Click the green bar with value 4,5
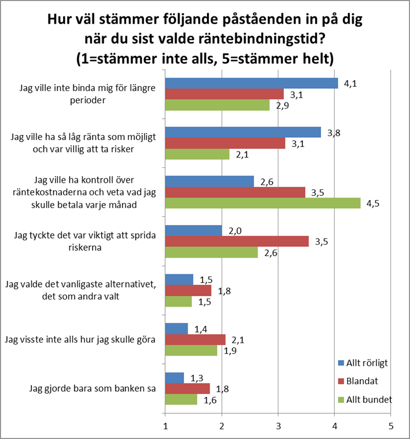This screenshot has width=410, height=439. (263, 203)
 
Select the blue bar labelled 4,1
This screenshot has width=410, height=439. (252, 83)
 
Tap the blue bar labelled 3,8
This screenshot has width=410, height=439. (243, 132)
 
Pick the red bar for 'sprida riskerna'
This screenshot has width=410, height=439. (237, 241)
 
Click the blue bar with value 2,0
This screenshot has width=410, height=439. (194, 230)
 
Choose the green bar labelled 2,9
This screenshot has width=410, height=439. (218, 105)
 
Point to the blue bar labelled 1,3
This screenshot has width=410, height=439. (175, 378)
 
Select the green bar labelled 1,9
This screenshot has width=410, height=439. (192, 350)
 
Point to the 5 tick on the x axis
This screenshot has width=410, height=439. (390, 425)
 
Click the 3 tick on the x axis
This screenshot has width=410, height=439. (278, 425)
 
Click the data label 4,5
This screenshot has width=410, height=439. (373, 204)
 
